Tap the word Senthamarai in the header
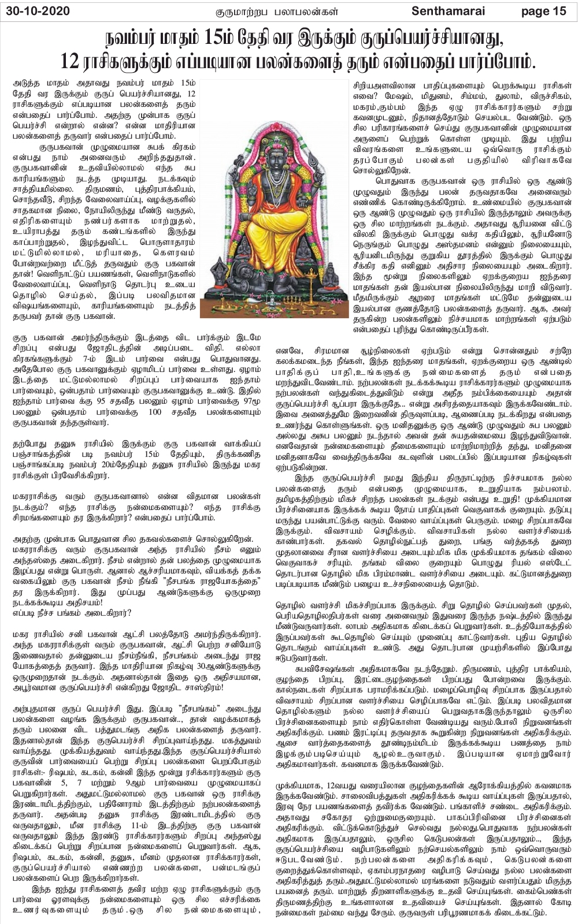[x=456, y=11]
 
